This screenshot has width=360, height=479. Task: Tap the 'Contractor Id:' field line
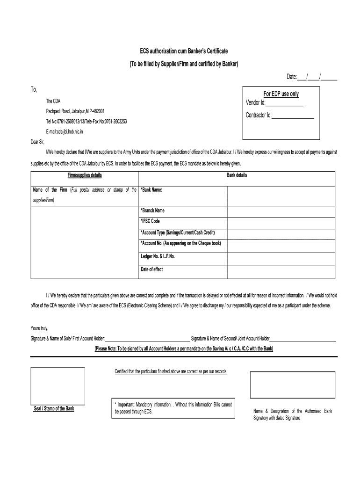292,116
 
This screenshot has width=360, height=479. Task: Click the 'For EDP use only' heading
281,94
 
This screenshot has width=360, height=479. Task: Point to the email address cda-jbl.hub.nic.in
65,132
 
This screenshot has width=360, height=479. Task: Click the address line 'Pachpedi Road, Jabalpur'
75,111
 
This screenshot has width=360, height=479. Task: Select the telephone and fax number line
86,122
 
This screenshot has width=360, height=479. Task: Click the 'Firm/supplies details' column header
85,175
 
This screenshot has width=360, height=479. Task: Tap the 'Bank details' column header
237,175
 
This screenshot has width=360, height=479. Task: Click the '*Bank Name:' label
151,190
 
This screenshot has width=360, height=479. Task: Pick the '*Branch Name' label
152,210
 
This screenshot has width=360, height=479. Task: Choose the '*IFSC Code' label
150,221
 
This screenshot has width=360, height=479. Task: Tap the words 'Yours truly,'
40,328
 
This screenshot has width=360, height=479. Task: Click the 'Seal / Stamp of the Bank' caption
54,408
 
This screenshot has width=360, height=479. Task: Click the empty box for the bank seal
58,385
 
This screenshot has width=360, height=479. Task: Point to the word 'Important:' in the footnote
126,404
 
